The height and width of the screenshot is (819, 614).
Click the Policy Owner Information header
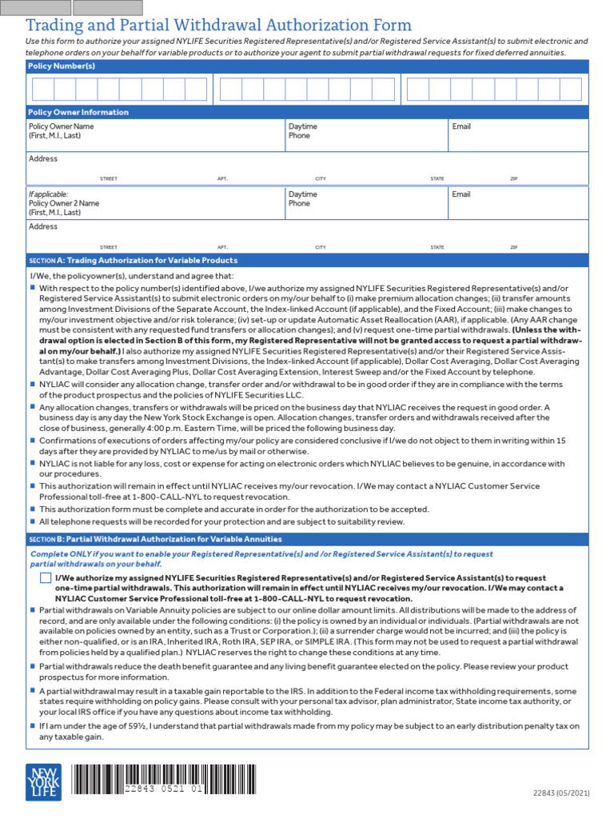[78, 112]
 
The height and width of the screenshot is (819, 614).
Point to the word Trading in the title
[58, 26]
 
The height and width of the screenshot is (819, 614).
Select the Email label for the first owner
[461, 126]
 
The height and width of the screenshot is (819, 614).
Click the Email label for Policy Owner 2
[461, 194]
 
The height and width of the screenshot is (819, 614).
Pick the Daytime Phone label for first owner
[302, 131]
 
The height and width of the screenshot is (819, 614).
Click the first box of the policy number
[42, 90]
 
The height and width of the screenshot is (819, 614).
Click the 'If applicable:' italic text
[48, 194]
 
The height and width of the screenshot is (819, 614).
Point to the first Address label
[43, 158]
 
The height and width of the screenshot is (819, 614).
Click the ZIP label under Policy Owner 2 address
[513, 247]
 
